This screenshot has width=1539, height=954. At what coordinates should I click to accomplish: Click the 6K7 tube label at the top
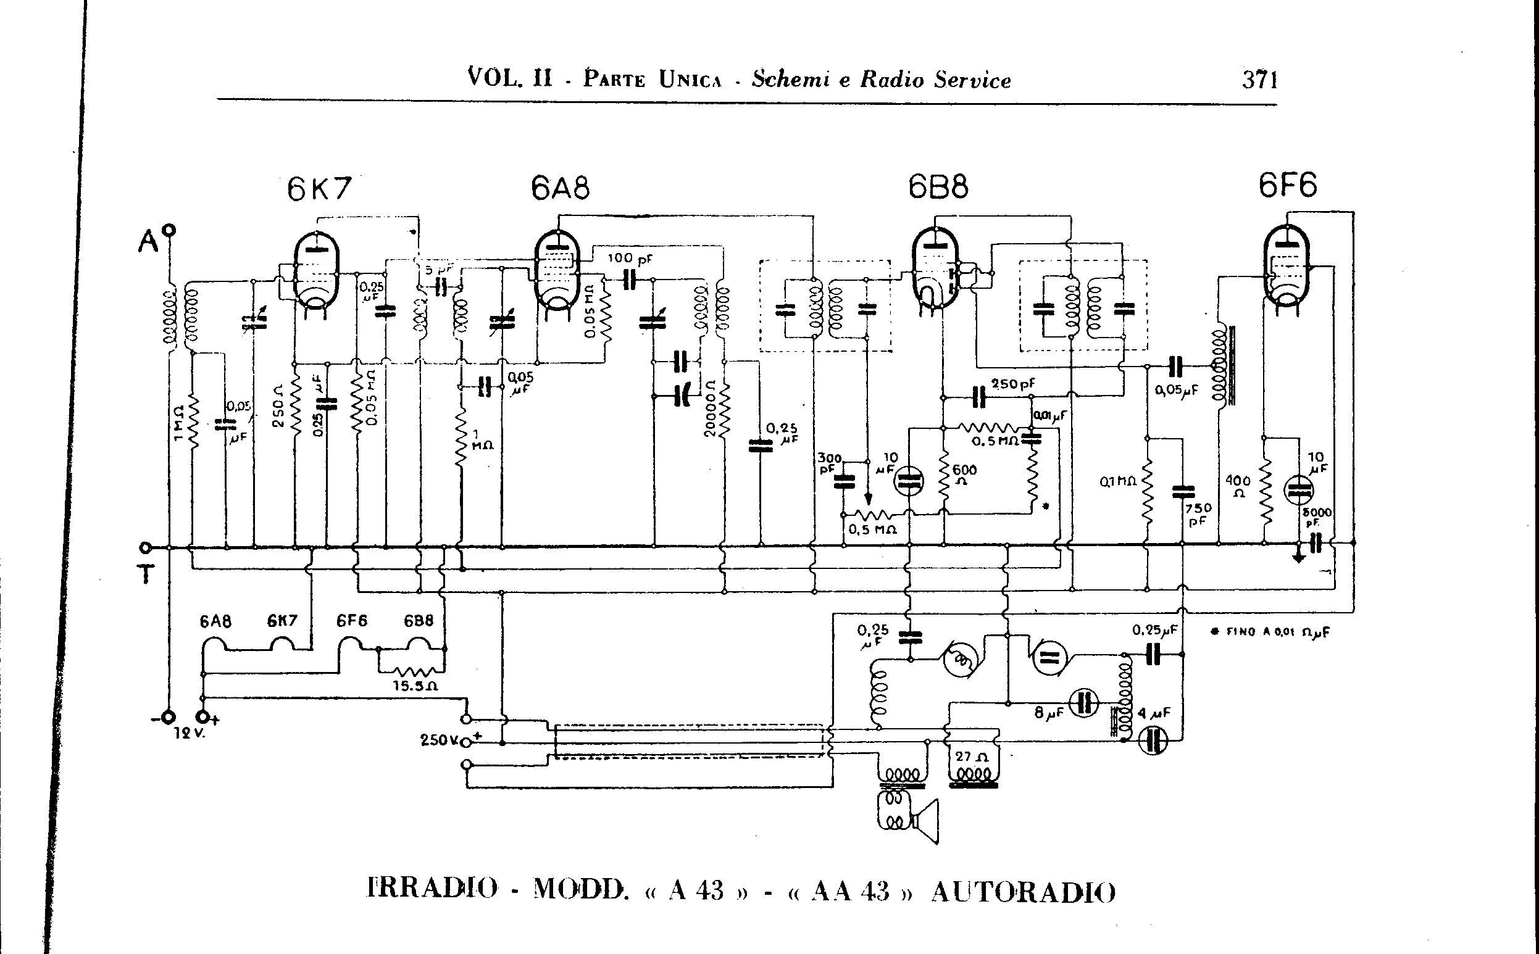click(x=319, y=189)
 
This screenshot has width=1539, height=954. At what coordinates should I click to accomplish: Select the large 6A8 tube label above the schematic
click(x=560, y=188)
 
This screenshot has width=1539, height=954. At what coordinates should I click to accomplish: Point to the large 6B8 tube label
click(x=938, y=187)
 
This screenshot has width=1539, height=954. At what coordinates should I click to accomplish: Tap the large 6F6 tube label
click(x=1288, y=186)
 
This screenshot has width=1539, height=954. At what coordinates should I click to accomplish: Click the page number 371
click(x=1260, y=80)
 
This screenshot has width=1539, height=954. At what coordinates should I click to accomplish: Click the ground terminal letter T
click(x=146, y=574)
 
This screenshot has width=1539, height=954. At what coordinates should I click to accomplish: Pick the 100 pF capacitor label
click(x=630, y=259)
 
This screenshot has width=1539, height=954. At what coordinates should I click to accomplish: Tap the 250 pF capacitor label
click(x=1012, y=384)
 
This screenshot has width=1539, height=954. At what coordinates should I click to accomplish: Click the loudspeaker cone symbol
click(x=927, y=820)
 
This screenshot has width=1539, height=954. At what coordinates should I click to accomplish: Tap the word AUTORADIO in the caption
click(x=1024, y=892)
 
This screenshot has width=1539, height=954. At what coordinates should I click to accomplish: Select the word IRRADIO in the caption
click(x=432, y=889)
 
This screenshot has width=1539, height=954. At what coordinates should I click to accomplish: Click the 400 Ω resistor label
click(x=1238, y=486)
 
